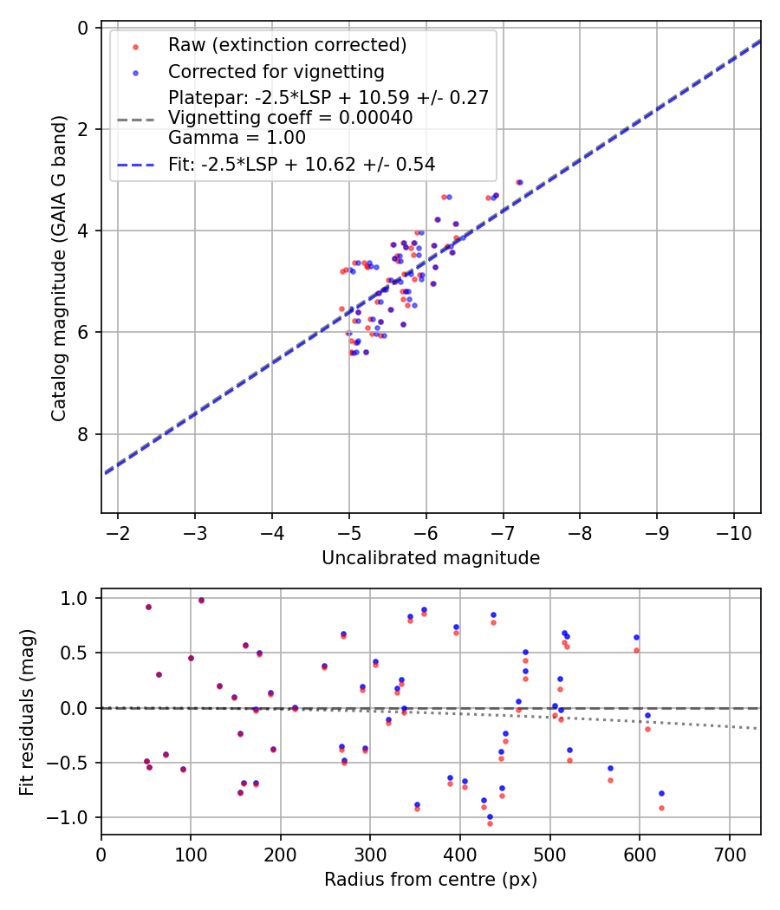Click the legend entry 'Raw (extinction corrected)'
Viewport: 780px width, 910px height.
(x=287, y=45)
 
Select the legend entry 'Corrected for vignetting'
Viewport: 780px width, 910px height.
(x=276, y=71)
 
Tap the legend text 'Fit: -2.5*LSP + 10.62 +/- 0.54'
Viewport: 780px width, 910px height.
(x=301, y=164)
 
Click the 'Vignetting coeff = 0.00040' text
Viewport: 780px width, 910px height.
(x=290, y=117)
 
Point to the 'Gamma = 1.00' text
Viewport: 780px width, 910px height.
(x=237, y=137)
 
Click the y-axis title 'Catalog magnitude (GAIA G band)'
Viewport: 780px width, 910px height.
(x=58, y=270)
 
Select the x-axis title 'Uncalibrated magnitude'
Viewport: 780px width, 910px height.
(x=431, y=558)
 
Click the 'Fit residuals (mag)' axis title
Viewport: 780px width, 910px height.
(x=26, y=712)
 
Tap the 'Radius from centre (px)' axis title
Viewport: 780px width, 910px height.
(x=431, y=880)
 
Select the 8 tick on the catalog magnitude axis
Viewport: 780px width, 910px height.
(x=84, y=434)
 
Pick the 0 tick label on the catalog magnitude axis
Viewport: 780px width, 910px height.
(x=84, y=28)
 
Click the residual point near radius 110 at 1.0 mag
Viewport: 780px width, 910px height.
(x=201, y=600)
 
